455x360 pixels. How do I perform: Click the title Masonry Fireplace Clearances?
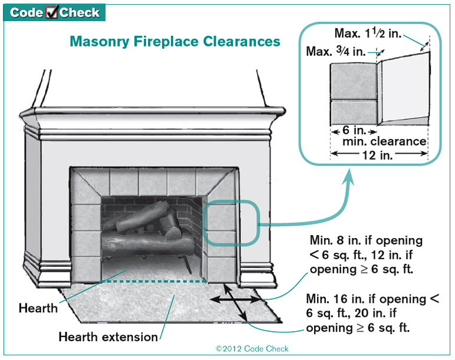(x=175, y=41)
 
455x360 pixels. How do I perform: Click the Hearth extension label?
(x=108, y=337)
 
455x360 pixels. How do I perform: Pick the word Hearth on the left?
(x=38, y=308)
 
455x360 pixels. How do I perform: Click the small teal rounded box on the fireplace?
(x=231, y=223)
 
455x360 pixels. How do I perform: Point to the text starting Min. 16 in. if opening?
(x=372, y=313)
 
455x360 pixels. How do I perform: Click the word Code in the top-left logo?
(x=25, y=12)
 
